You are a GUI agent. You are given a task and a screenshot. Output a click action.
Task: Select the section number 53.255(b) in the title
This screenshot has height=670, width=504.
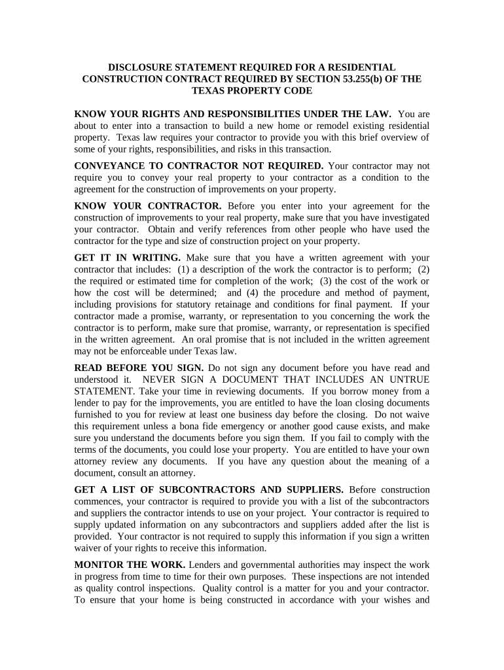348,79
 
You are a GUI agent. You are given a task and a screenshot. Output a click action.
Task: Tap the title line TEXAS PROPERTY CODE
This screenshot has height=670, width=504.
251,91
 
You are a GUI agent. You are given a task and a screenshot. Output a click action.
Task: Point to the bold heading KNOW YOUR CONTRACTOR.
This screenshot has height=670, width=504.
148,206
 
